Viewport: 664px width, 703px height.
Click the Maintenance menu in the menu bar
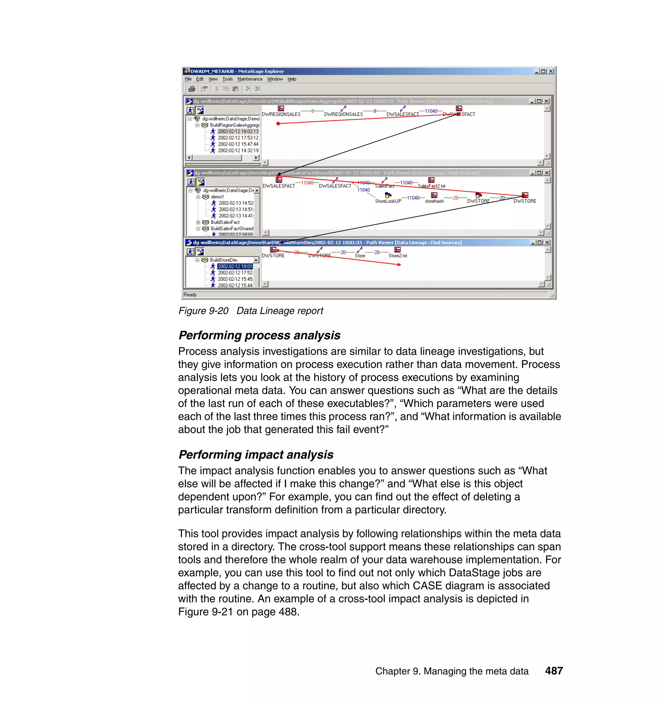pyautogui.click(x=250, y=79)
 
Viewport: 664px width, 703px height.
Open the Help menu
pyautogui.click(x=292, y=79)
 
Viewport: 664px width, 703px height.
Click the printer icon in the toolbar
pyautogui.click(x=192, y=89)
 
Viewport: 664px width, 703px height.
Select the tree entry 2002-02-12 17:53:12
pyautogui.click(x=238, y=138)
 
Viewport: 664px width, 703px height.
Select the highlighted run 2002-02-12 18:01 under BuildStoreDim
pyautogui.click(x=235, y=266)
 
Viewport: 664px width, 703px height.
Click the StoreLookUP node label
pyautogui.click(x=388, y=201)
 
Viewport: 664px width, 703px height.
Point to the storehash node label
pyautogui.click(x=434, y=201)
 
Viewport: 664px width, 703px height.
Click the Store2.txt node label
pyautogui.click(x=397, y=256)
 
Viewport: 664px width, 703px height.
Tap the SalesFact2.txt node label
pyautogui.click(x=431, y=186)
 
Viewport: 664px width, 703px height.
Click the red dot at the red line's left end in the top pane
pyautogui.click(x=278, y=124)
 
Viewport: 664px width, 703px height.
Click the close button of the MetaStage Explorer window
pyautogui.click(x=551, y=71)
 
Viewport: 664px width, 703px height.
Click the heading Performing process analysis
pyautogui.click(x=259, y=335)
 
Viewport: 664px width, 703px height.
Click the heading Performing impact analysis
pyautogui.click(x=255, y=455)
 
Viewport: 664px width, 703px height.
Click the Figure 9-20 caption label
pyautogui.click(x=251, y=311)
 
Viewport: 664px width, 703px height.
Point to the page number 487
pyautogui.click(x=553, y=671)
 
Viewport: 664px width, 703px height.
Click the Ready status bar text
pyautogui.click(x=190, y=294)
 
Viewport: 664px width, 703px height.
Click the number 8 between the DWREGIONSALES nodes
pyautogui.click(x=313, y=111)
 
